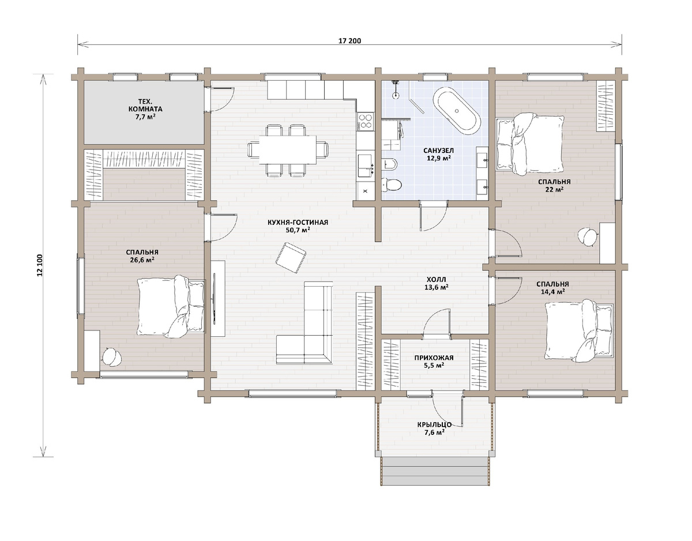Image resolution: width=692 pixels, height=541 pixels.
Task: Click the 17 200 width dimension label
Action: tap(349, 41)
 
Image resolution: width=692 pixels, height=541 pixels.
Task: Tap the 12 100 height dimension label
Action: tap(39, 265)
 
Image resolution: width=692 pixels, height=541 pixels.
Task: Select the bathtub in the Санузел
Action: tap(456, 111)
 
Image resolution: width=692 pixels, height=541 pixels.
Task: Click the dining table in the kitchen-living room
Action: tap(288, 149)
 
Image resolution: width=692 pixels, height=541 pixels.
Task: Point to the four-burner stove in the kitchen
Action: tap(365, 121)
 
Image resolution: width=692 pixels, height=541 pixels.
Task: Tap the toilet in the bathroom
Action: tap(392, 185)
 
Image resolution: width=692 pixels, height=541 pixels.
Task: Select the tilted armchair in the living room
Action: tap(291, 257)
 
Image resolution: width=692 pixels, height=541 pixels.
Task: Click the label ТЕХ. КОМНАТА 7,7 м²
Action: tap(145, 109)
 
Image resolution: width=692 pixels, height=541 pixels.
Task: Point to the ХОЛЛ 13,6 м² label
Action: tap(437, 283)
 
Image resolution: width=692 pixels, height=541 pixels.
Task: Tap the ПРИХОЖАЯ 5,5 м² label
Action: tap(434, 362)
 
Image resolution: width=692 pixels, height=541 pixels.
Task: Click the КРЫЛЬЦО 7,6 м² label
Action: tap(434, 429)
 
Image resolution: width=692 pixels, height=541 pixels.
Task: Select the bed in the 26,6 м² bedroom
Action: tap(171, 306)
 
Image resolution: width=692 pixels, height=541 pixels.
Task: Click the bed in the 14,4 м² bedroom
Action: tap(579, 330)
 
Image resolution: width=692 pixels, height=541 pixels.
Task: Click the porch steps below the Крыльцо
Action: tap(435, 471)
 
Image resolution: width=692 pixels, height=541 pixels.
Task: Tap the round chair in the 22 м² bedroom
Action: tap(588, 236)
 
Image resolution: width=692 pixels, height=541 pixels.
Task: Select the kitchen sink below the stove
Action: tap(365, 166)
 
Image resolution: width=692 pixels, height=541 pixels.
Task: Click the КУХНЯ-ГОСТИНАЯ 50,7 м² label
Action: tap(298, 226)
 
